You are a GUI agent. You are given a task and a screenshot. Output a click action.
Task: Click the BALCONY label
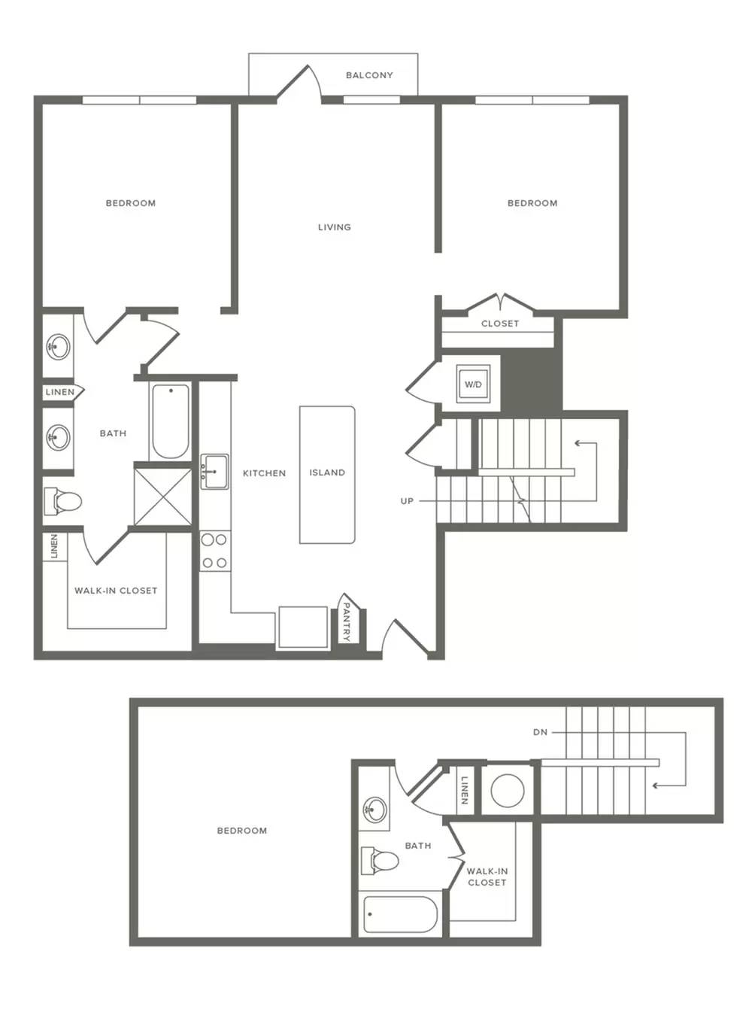(x=369, y=75)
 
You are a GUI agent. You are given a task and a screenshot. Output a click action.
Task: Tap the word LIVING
(x=335, y=227)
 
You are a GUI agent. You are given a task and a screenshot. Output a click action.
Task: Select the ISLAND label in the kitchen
(x=327, y=473)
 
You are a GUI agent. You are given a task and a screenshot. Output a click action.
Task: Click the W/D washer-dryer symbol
(x=473, y=384)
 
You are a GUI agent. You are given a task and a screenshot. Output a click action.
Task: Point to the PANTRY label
(x=346, y=621)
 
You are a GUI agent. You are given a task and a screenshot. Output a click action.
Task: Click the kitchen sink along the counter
(x=214, y=471)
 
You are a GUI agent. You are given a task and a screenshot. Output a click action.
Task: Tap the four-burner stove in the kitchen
(x=215, y=551)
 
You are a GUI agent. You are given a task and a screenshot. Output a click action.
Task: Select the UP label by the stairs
(x=407, y=501)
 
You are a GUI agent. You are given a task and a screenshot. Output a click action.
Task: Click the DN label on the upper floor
(x=540, y=733)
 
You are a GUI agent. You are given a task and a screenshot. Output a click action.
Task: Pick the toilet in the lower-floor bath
(x=62, y=502)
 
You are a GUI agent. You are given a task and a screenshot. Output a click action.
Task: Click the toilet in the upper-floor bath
(x=380, y=861)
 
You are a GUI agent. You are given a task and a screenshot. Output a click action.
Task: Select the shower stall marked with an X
(x=163, y=497)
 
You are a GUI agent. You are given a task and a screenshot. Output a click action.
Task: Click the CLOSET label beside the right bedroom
(x=500, y=324)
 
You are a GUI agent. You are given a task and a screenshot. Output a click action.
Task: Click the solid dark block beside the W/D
(x=532, y=382)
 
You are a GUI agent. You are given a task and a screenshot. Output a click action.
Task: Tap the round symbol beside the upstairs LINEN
(x=508, y=790)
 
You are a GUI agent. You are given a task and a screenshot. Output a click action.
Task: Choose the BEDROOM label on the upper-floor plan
(x=242, y=831)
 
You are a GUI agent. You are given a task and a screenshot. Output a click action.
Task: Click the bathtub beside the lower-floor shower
(x=171, y=421)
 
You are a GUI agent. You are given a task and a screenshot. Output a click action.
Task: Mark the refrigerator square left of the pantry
(x=303, y=627)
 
